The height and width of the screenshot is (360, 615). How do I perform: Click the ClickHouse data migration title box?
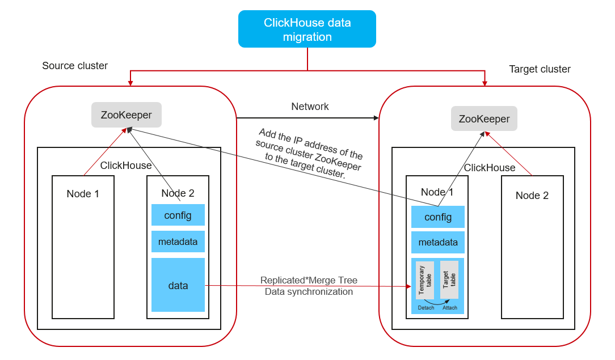[307, 29]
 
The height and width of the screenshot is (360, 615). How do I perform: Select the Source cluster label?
[75, 66]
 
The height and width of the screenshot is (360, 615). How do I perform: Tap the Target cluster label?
[540, 69]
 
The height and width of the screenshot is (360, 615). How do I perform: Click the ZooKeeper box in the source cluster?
[127, 115]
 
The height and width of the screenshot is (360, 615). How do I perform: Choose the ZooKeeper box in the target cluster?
[484, 119]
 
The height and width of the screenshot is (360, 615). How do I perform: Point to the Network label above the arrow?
[310, 107]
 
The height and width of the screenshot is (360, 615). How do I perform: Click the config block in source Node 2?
[178, 215]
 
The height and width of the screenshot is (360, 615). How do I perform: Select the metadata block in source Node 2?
[178, 242]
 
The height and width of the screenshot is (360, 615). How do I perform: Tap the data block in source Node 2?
[178, 285]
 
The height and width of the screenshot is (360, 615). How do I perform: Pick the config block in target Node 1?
[438, 217]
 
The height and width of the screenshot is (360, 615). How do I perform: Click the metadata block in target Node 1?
[438, 243]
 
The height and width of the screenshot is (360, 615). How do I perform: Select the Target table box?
[449, 280]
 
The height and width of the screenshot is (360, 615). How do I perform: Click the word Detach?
[426, 308]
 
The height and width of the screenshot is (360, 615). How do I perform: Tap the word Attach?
[450, 308]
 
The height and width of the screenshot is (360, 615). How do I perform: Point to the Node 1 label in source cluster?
[83, 194]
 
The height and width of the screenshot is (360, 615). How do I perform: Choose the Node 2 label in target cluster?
[532, 196]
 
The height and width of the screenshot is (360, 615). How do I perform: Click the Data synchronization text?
[309, 292]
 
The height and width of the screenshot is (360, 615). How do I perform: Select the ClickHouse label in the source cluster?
[126, 166]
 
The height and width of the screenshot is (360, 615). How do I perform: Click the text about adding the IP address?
[309, 153]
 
